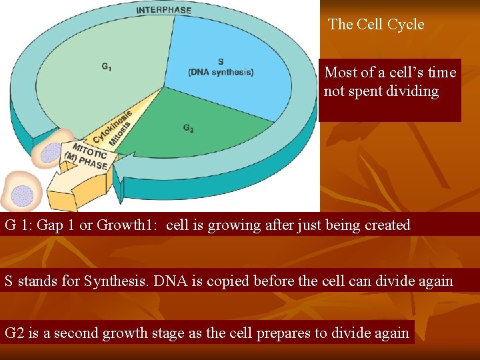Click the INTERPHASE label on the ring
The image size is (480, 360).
(163, 10)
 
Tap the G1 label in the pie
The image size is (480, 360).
(107, 67)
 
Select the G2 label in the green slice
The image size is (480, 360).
(189, 128)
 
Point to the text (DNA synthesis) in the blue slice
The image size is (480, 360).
(221, 72)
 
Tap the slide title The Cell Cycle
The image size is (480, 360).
(376, 25)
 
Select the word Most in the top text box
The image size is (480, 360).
(340, 72)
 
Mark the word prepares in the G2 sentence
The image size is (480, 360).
(262, 332)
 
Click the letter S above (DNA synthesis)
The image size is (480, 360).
(221, 61)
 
